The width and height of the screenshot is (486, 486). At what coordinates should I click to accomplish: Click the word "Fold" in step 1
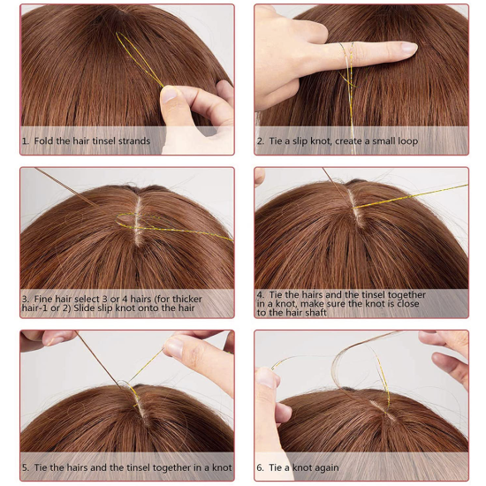pyautogui.click(x=47, y=141)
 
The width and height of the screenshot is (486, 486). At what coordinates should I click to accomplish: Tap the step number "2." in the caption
pyautogui.click(x=261, y=141)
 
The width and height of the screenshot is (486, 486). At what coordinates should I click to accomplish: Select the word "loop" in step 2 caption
pyautogui.click(x=404, y=141)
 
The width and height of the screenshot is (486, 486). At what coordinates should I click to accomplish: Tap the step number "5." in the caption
pyautogui.click(x=26, y=467)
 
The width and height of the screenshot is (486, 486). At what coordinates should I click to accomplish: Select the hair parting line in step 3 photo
pyautogui.click(x=137, y=221)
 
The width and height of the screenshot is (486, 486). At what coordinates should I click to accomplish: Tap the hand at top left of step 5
pyautogui.click(x=49, y=338)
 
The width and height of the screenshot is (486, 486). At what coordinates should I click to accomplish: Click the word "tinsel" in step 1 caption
pyautogui.click(x=103, y=141)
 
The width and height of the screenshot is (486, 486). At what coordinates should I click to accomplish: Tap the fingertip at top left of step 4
pyautogui.click(x=259, y=177)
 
